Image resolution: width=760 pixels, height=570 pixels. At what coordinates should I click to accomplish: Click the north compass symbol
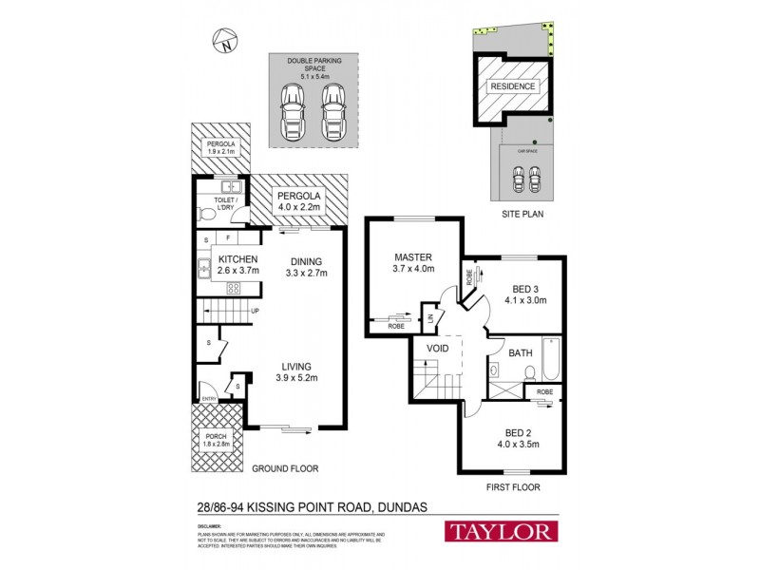coord(223,40)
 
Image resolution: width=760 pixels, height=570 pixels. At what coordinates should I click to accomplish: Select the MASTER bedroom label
coord(414,257)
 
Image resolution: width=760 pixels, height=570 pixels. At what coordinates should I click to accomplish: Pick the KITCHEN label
coord(238,259)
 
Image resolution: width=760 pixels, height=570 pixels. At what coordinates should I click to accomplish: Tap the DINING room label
coord(305,262)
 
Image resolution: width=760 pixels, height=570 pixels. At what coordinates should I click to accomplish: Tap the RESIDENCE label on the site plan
coord(514,86)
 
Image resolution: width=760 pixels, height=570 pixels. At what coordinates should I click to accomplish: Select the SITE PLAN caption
coord(522,216)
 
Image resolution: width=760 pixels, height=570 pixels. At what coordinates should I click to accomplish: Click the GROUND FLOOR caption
coord(285,468)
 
